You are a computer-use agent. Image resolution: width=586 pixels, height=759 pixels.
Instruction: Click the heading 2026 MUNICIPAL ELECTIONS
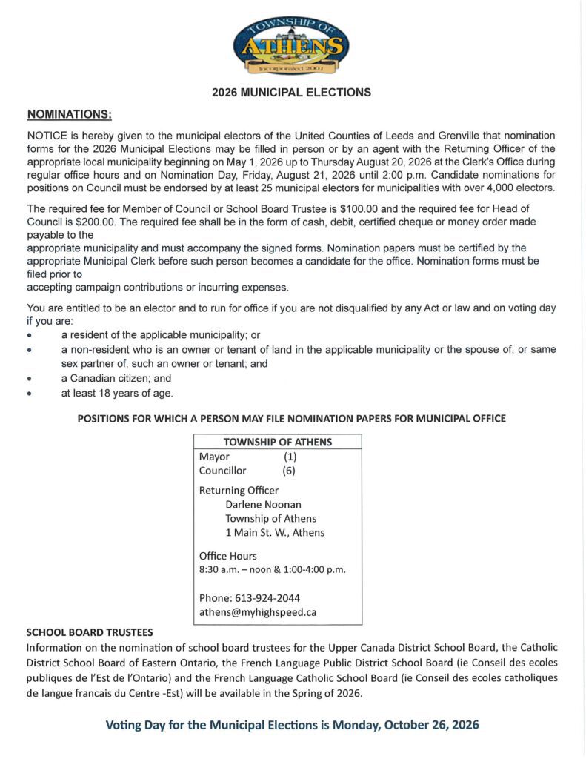click(291, 93)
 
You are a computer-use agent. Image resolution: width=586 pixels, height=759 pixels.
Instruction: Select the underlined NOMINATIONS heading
click(70, 114)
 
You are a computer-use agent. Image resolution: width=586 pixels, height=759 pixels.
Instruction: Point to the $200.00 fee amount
click(99, 221)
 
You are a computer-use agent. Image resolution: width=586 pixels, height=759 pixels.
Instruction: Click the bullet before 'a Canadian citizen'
click(30, 378)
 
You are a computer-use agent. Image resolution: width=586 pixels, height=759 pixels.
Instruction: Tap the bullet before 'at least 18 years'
click(30, 393)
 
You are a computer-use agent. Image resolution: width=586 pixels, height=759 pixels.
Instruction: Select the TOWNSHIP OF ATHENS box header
click(278, 442)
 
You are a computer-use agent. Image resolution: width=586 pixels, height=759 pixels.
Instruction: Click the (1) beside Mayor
click(290, 457)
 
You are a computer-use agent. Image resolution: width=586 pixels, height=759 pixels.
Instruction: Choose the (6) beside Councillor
click(289, 471)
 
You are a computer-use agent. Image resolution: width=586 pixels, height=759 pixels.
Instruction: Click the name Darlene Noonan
click(259, 504)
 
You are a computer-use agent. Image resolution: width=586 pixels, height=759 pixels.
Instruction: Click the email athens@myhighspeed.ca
click(258, 612)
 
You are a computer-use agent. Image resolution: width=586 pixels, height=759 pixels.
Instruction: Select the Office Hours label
click(228, 556)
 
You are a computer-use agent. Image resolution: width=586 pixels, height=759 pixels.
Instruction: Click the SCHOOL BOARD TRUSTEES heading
click(90, 632)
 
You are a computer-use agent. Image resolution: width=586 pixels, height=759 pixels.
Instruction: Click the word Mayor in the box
click(214, 457)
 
